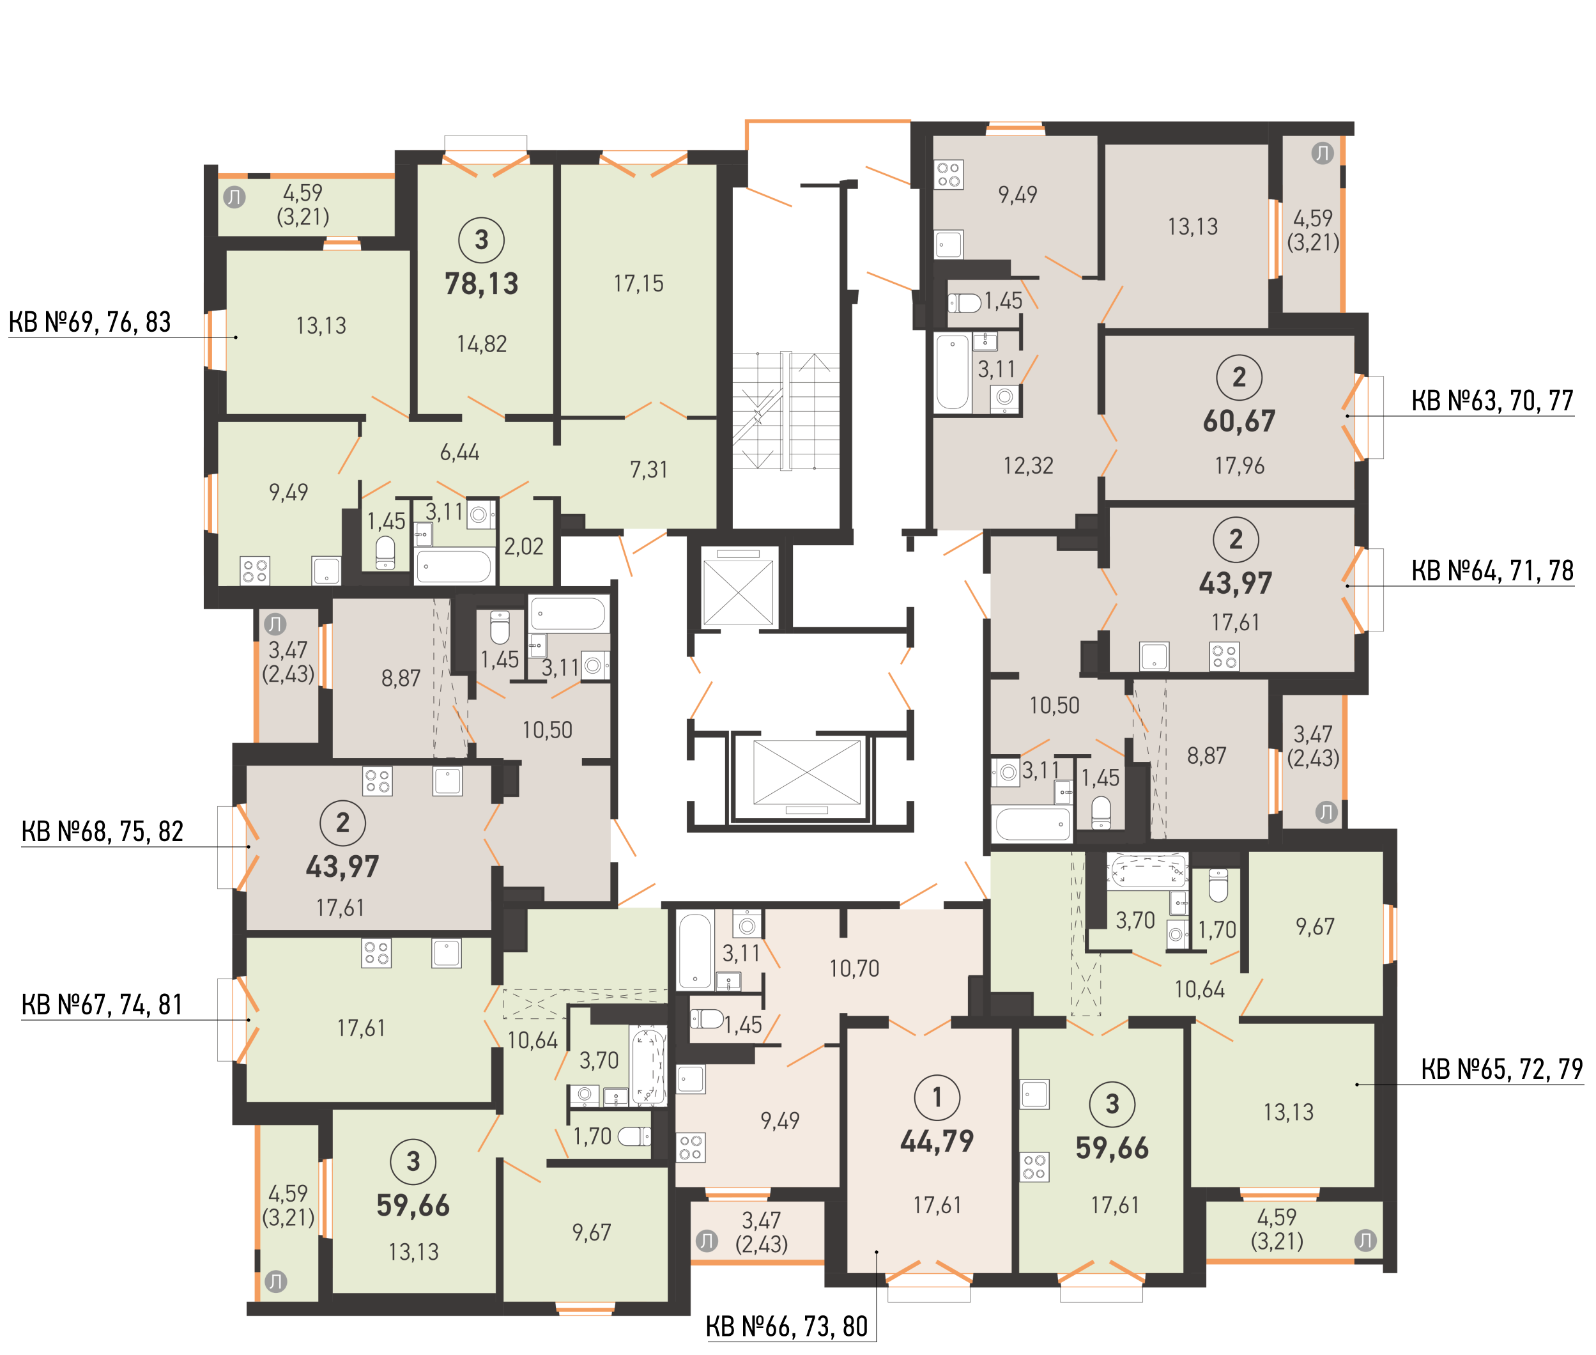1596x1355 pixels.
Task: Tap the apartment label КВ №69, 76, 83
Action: click(90, 322)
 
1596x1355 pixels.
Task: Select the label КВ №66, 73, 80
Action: click(787, 1327)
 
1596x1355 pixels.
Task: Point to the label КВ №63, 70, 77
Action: click(1492, 400)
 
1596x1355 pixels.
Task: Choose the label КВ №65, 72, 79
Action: click(1501, 1069)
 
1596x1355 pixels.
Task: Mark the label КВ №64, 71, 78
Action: click(1492, 571)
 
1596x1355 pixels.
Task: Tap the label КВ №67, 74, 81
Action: click(102, 1005)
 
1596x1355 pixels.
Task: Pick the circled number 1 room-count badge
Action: click(937, 1097)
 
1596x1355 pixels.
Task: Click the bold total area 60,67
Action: click(1239, 421)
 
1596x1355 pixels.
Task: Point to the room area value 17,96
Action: click(1239, 465)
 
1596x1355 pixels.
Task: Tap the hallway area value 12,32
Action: click(1028, 465)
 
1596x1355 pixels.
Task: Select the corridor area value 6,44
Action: click(459, 453)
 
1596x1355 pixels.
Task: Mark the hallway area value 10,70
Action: click(854, 968)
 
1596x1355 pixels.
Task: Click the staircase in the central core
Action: click(785, 410)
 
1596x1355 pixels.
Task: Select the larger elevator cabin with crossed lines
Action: click(807, 773)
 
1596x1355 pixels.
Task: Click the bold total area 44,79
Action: click(937, 1142)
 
